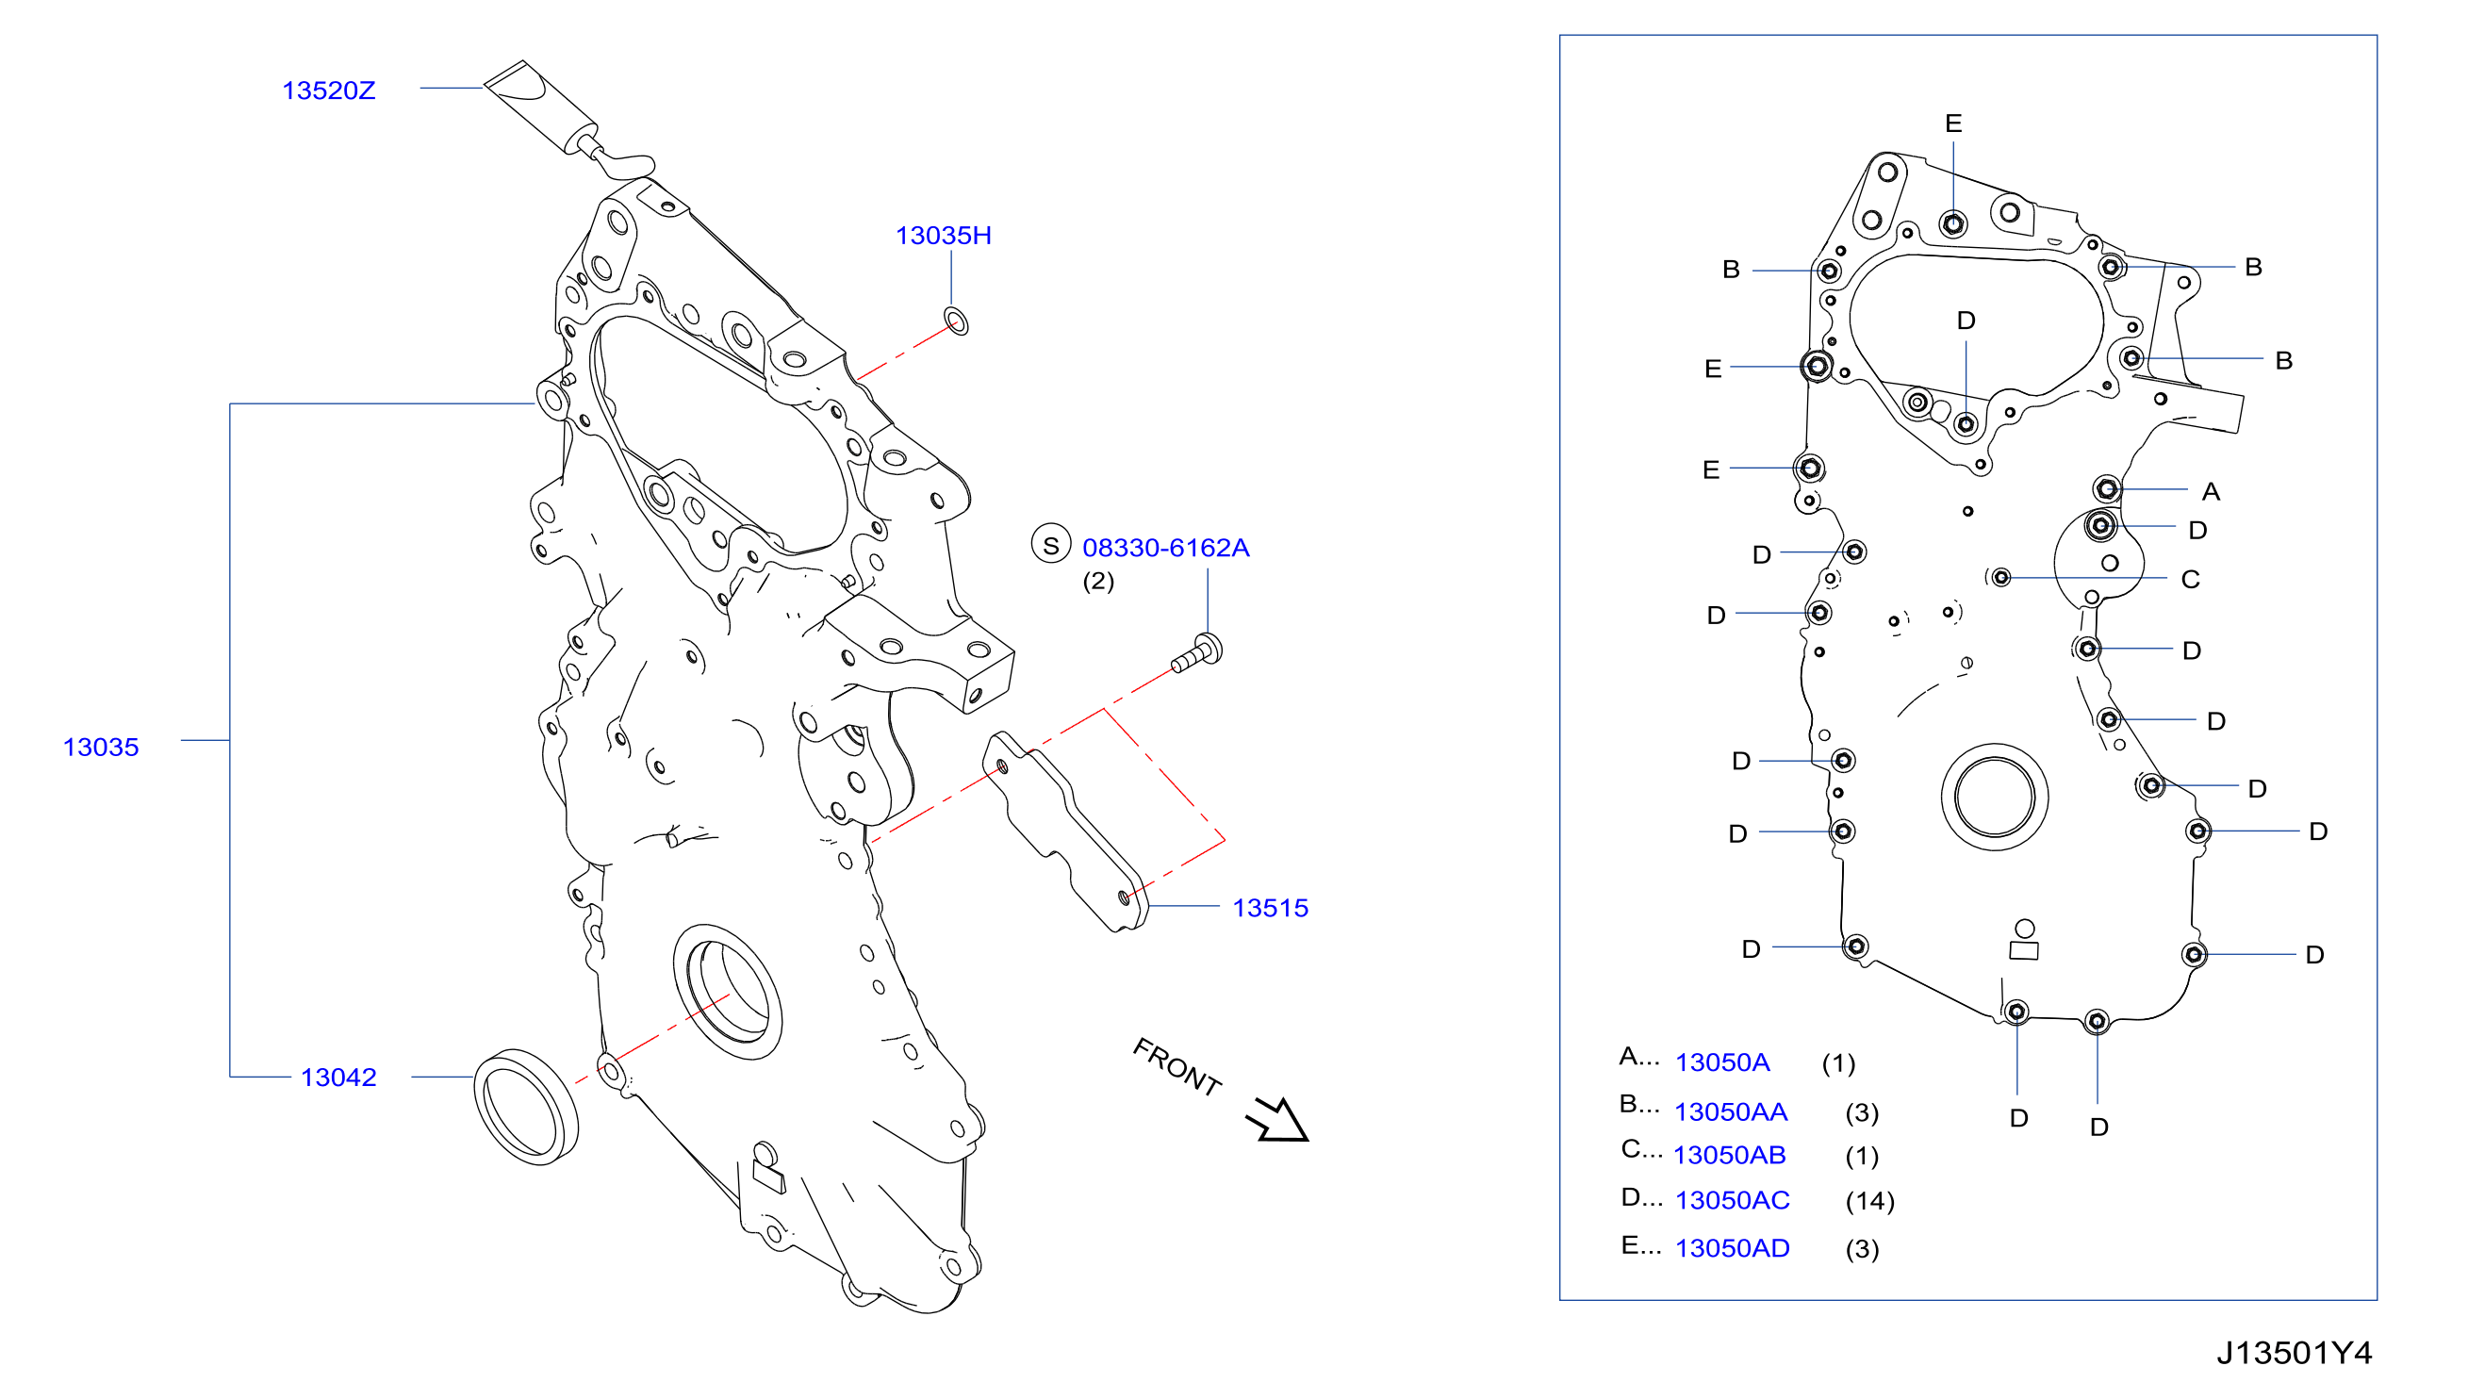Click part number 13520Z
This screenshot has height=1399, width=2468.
328,91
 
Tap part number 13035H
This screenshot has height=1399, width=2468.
943,236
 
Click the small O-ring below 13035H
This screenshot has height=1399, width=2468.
956,321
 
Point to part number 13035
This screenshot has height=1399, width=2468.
101,747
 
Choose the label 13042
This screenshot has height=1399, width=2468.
338,1078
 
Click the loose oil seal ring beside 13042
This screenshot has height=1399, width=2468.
526,1107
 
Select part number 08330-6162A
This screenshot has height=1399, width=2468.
1165,548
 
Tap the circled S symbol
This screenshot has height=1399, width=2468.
1051,544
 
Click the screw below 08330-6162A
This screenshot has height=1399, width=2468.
1198,654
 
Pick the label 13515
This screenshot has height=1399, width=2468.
1270,908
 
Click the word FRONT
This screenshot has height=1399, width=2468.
1176,1066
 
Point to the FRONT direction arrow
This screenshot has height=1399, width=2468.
1278,1120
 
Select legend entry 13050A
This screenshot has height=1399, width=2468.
1721,1062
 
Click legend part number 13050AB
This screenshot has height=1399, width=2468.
1729,1155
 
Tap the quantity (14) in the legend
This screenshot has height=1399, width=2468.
1869,1201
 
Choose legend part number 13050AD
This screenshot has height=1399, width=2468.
1732,1248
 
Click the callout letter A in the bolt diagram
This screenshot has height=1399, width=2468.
2211,492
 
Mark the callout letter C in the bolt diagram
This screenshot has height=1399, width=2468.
2190,580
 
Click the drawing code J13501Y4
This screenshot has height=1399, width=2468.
2295,1353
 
